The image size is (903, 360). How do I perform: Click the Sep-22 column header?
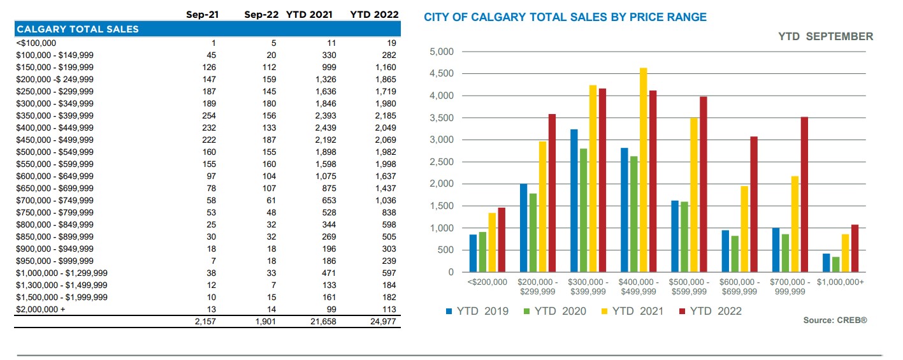(261, 14)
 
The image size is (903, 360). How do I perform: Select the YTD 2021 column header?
(309, 14)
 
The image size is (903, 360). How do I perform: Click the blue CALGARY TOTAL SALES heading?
(77, 29)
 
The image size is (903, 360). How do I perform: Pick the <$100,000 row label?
(36, 43)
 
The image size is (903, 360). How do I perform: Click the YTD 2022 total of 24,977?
(382, 322)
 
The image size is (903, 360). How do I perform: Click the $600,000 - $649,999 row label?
(55, 176)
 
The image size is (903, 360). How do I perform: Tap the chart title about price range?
(565, 17)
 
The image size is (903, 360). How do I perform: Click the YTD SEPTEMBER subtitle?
(825, 36)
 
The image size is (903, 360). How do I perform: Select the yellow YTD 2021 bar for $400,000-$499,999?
(643, 169)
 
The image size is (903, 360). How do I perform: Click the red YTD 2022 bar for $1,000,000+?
(855, 248)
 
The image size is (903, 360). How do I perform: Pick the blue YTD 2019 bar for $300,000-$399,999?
(574, 201)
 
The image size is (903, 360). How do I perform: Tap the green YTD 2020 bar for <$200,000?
(482, 252)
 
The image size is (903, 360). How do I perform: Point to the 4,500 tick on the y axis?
(442, 74)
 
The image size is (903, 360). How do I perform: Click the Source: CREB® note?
(835, 320)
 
